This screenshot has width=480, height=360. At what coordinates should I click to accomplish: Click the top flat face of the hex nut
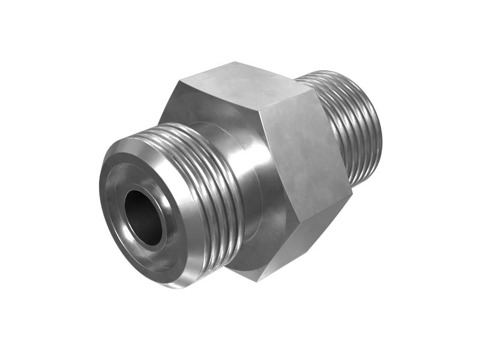click(240, 84)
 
